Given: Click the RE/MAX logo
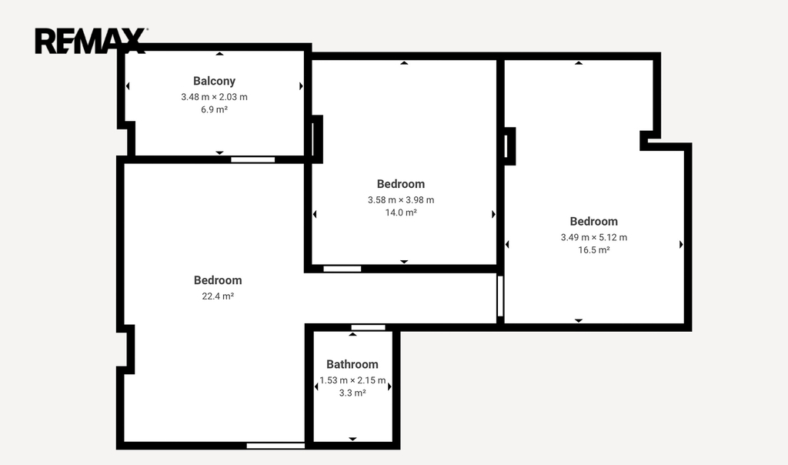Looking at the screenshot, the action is click(91, 41).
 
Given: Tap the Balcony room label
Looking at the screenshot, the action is click(214, 81).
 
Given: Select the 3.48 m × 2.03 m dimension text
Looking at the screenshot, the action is click(214, 97).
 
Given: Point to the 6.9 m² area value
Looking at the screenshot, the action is click(214, 109).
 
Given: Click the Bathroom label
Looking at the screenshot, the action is click(352, 364).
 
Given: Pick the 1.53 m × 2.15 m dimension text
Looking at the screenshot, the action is click(352, 380).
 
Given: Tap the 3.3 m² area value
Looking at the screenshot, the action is click(352, 393).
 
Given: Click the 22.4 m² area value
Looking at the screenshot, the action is click(218, 296).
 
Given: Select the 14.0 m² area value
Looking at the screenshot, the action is click(401, 212).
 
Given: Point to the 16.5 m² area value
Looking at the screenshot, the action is click(594, 250).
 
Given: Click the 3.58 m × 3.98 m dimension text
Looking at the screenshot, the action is click(401, 200).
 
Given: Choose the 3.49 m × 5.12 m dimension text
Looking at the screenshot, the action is click(594, 237).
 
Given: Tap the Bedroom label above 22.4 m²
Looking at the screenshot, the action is click(218, 280).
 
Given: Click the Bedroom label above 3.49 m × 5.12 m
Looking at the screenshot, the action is click(594, 222).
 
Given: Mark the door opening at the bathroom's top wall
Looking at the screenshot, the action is click(369, 328).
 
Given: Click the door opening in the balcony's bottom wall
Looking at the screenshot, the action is click(252, 160).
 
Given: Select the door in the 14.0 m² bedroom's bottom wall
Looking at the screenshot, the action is click(342, 269).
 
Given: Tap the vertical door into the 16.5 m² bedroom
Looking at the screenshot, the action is click(500, 296).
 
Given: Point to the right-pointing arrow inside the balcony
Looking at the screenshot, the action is click(301, 86).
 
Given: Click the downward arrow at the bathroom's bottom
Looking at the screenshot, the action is click(352, 440).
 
